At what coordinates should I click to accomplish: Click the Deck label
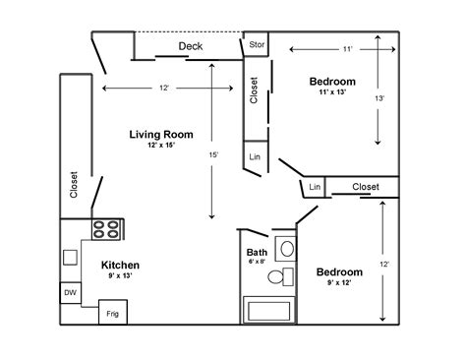coord(191,46)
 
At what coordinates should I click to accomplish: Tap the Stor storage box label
coord(257,44)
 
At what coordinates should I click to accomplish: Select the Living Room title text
coord(161,134)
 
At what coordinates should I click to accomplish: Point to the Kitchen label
coord(120,266)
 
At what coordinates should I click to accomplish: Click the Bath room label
coord(256,253)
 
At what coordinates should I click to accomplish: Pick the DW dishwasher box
coord(70,293)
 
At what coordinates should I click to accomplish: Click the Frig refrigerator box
coord(112,315)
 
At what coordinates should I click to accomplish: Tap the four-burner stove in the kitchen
coord(106,229)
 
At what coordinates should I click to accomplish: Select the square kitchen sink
coord(70,258)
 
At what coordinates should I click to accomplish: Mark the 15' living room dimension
coord(213,154)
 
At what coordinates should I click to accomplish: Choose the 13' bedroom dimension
coord(379,99)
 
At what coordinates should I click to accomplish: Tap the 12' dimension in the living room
coord(164,89)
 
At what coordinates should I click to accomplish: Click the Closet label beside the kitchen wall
coord(74,186)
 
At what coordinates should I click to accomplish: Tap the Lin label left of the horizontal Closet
coord(315,187)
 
